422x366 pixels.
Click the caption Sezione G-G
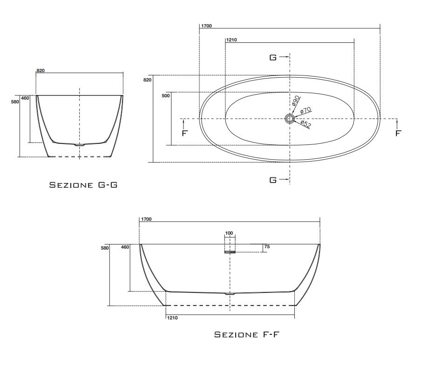pyautogui.click(x=83, y=185)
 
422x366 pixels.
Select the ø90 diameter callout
pyautogui.click(x=295, y=102)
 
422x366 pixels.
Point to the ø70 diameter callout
pyautogui.click(x=305, y=111)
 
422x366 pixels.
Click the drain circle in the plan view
pyautogui.click(x=290, y=118)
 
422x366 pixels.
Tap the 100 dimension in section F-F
pyautogui.click(x=229, y=233)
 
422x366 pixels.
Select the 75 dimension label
pyautogui.click(x=266, y=247)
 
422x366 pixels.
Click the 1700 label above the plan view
pyautogui.click(x=206, y=26)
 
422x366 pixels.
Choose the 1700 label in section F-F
pyautogui.click(x=146, y=218)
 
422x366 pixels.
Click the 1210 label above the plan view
pyautogui.click(x=231, y=41)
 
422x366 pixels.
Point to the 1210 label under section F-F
pyautogui.click(x=172, y=318)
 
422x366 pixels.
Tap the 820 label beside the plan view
pyautogui.click(x=147, y=80)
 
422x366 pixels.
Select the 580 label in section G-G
pyautogui.click(x=14, y=102)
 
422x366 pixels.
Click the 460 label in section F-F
pyautogui.click(x=125, y=247)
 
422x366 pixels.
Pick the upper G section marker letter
pyautogui.click(x=273, y=57)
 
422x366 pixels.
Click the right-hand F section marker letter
pyautogui.click(x=398, y=133)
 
